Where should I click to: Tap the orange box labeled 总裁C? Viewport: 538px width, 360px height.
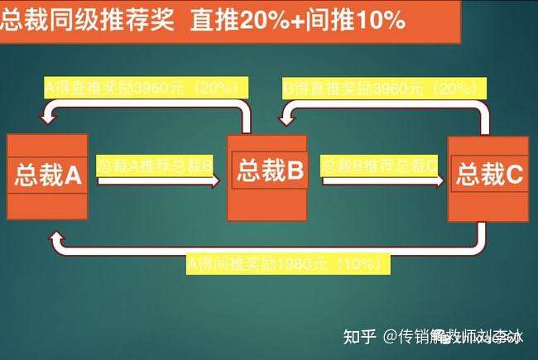pyautogui.click(x=488, y=176)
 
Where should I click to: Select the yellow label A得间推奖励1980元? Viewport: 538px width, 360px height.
pyautogui.click(x=286, y=265)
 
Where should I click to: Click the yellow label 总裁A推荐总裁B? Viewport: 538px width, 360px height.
pyautogui.click(x=155, y=164)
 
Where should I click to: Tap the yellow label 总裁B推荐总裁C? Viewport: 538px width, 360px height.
pyautogui.click(x=378, y=164)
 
